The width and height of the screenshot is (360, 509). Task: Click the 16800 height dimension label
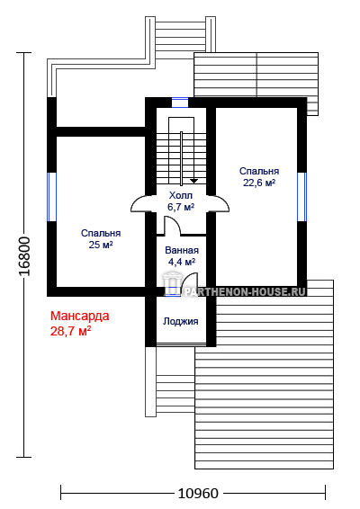click(24, 256)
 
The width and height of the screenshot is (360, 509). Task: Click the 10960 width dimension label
click(198, 494)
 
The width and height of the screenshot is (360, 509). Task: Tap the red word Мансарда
click(79, 316)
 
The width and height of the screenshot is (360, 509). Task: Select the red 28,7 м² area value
click(70, 331)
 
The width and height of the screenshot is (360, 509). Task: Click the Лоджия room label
click(181, 321)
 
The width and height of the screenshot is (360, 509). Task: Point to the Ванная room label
click(182, 250)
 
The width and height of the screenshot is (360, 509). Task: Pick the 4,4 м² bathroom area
click(182, 262)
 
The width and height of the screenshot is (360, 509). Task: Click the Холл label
click(181, 195)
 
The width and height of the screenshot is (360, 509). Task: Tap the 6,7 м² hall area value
click(181, 207)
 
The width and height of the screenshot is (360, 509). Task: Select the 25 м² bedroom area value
click(101, 245)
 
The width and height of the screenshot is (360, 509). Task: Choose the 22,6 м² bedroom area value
click(259, 183)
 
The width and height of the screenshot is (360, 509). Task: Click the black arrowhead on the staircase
click(194, 181)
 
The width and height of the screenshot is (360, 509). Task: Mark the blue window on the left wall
click(51, 197)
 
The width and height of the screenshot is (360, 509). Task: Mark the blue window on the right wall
click(302, 197)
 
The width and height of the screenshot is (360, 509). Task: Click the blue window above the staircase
click(180, 103)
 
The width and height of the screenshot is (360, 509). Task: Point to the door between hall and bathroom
click(172, 226)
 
